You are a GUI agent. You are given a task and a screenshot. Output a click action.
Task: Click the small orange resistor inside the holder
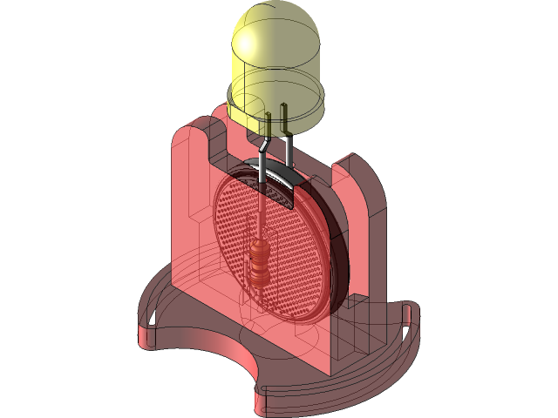pos(260,261)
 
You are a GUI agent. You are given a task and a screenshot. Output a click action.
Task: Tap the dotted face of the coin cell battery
pos(288,253)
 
